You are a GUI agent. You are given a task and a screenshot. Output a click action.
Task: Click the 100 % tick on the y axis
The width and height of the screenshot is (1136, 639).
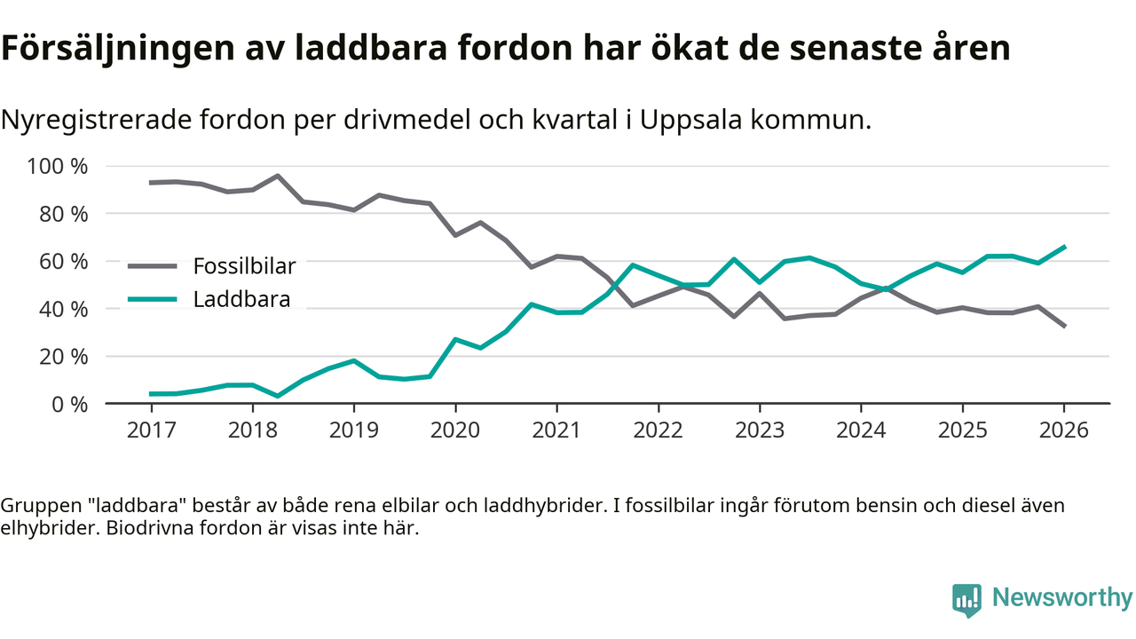coord(59,167)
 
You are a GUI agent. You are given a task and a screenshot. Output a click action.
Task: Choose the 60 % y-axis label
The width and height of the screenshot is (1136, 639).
coord(64,262)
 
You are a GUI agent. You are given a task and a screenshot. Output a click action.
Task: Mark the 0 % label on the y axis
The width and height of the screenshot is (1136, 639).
coord(69,404)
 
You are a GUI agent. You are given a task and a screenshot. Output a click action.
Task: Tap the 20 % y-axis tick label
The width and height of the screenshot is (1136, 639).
coord(64,357)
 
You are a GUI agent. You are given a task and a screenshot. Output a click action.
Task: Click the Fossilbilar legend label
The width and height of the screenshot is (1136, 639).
coord(244,265)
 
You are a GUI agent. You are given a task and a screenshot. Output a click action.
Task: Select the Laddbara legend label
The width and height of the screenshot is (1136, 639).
coord(241,299)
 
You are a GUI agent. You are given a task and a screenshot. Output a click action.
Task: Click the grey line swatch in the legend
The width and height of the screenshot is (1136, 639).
coord(153,265)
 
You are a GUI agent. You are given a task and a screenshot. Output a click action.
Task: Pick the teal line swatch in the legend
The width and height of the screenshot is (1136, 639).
coord(153,299)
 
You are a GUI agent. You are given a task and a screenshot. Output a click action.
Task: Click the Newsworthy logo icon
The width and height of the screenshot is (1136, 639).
coord(966,599)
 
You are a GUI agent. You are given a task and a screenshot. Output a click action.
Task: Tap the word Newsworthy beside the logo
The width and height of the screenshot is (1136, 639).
coord(1061,597)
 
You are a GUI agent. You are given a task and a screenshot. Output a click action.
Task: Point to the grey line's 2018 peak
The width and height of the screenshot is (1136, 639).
coord(278,176)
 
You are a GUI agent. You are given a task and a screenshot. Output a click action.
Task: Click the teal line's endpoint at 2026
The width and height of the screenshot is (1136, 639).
coord(1064,247)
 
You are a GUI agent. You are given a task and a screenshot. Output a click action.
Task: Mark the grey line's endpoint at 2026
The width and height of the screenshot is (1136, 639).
coord(1064,326)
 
